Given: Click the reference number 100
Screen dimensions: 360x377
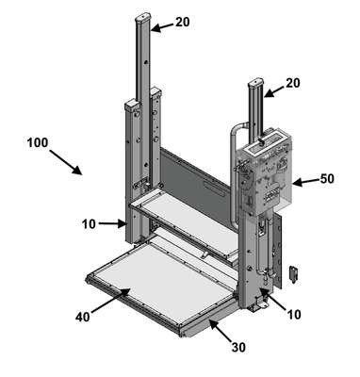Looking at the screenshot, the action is [38, 142].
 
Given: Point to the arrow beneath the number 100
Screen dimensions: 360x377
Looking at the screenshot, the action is [66, 162].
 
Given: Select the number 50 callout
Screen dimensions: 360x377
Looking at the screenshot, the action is [327, 179].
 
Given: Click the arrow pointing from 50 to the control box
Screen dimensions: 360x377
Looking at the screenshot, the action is [305, 181].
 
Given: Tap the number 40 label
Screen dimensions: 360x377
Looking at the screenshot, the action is [83, 317].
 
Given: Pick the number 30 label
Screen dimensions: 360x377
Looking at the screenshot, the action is [238, 347].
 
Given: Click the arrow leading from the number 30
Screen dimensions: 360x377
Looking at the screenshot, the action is [221, 330].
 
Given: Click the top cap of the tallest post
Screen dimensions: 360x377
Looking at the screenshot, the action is [143, 17].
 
